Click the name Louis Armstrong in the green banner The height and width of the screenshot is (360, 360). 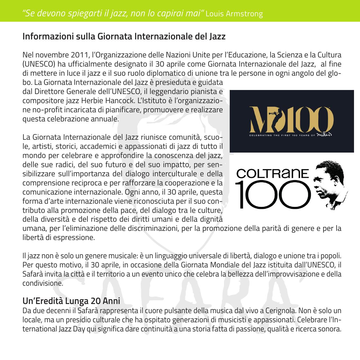[234, 14]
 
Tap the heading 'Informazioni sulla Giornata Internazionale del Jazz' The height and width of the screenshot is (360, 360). [124, 37]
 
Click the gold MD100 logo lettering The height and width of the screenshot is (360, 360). [292, 118]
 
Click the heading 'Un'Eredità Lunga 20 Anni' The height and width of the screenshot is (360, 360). [71, 301]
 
